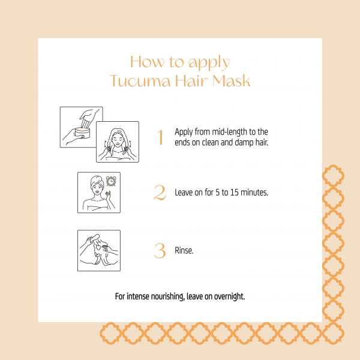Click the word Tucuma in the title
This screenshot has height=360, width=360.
(x=140, y=81)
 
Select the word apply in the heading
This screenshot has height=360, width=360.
(x=209, y=63)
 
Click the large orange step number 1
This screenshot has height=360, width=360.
(x=160, y=137)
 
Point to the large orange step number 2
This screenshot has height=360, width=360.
(x=160, y=193)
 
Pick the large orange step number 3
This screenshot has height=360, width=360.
(x=160, y=250)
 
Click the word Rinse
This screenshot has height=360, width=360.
(x=184, y=250)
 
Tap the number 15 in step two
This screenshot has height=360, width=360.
(x=235, y=193)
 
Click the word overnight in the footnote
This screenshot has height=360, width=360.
(x=230, y=296)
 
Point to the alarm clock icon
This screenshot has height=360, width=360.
(x=111, y=181)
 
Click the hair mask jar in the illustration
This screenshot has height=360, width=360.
(x=83, y=133)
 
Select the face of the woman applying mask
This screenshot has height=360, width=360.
(x=117, y=140)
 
